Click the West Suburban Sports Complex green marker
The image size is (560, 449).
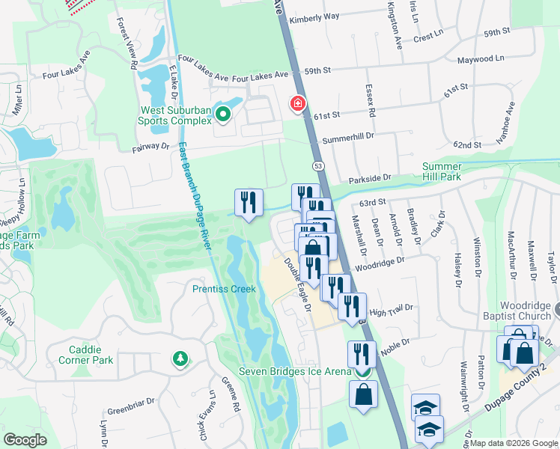tap(222, 114)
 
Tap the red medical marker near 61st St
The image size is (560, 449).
tap(298, 103)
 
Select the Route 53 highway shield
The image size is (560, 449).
tap(317, 165)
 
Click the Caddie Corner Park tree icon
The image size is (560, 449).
tap(180, 359)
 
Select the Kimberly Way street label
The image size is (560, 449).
tap(314, 16)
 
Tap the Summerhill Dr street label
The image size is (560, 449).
tap(347, 139)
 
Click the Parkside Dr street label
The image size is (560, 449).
tap(371, 178)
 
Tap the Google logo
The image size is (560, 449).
tap(25, 440)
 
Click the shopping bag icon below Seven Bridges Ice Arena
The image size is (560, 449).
tap(363, 395)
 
